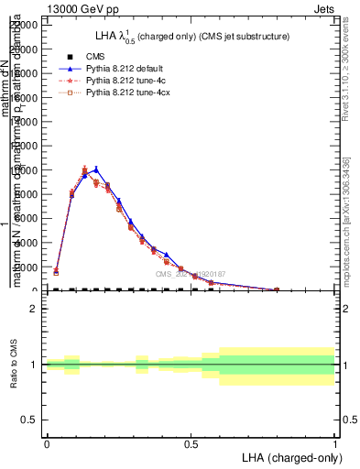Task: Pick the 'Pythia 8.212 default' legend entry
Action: click(x=125, y=69)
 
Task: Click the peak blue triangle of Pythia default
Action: click(x=96, y=169)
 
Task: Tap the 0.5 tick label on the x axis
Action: click(x=191, y=442)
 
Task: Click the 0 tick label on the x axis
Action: click(x=47, y=442)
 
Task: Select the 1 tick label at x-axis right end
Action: click(x=335, y=442)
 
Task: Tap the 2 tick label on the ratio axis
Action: click(x=34, y=309)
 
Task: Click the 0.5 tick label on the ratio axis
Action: click(x=30, y=420)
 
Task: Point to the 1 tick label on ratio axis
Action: click(x=34, y=365)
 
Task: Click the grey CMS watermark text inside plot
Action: click(x=190, y=274)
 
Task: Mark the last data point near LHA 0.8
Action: click(x=277, y=289)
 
